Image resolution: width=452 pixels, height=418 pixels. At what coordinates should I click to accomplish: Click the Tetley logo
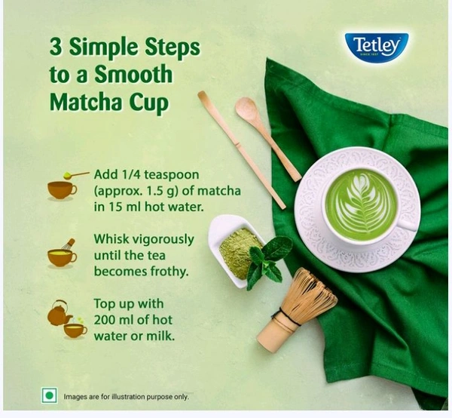tap(377, 48)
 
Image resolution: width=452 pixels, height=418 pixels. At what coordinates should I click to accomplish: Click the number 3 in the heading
tap(56, 47)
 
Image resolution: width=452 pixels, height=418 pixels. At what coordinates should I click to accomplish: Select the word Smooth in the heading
tap(133, 74)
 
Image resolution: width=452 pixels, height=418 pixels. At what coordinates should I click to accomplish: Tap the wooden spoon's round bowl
tap(246, 108)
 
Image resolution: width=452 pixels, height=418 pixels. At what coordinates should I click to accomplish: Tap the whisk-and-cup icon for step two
tap(62, 254)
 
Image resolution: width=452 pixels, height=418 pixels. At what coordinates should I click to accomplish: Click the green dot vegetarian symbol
tap(49, 395)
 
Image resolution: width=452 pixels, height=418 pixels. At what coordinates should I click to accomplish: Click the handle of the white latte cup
tap(409, 225)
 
